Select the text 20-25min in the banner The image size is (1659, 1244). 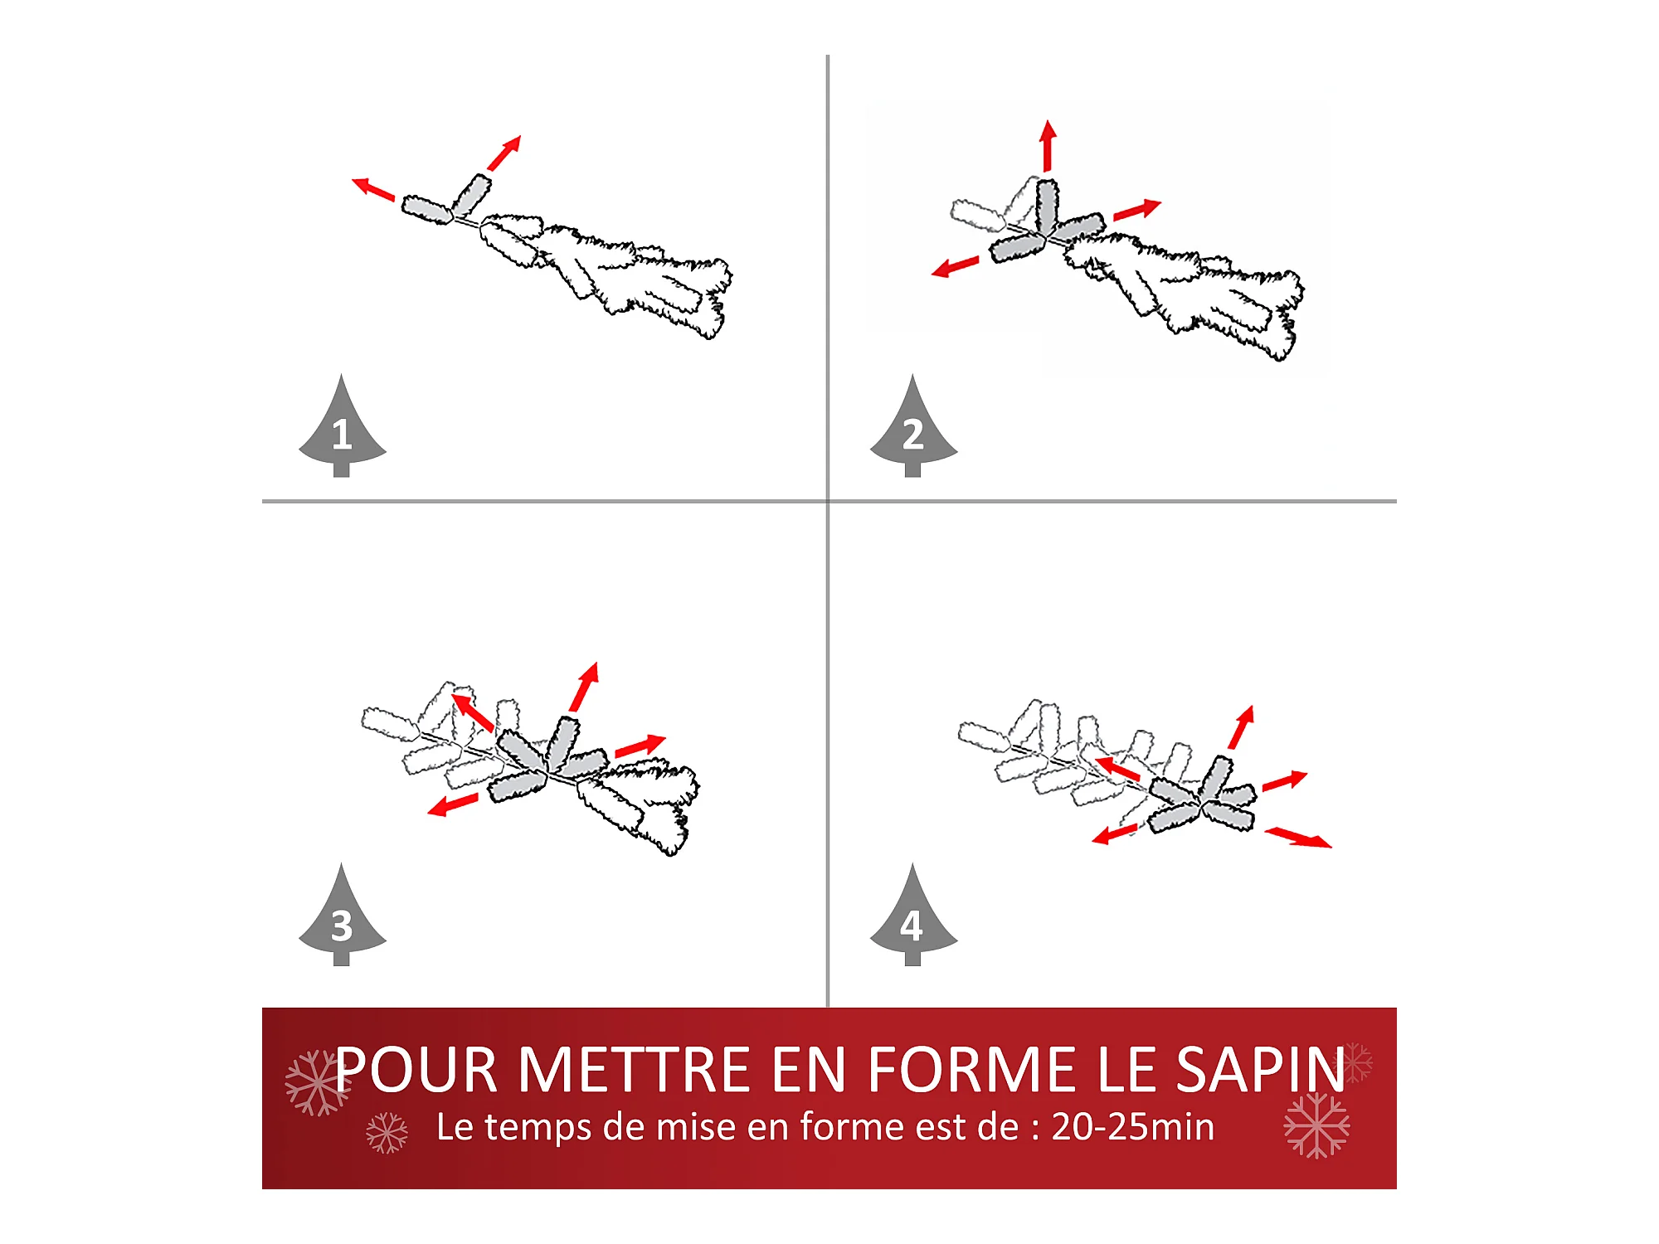pos(1133,1127)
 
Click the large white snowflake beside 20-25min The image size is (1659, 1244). pos(1316,1125)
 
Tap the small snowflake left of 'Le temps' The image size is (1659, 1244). pos(387,1133)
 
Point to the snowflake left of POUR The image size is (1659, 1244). pos(317,1082)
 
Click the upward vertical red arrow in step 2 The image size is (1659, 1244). pos(1048,146)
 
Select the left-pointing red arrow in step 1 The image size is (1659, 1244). pos(373,189)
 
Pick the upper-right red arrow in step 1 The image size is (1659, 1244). pos(504,153)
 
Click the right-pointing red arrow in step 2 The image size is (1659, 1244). pos(1137,209)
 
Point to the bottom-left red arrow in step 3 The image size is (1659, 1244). pos(453,804)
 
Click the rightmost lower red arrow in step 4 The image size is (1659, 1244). pos(1298,838)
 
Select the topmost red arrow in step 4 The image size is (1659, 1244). pos(1242,727)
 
